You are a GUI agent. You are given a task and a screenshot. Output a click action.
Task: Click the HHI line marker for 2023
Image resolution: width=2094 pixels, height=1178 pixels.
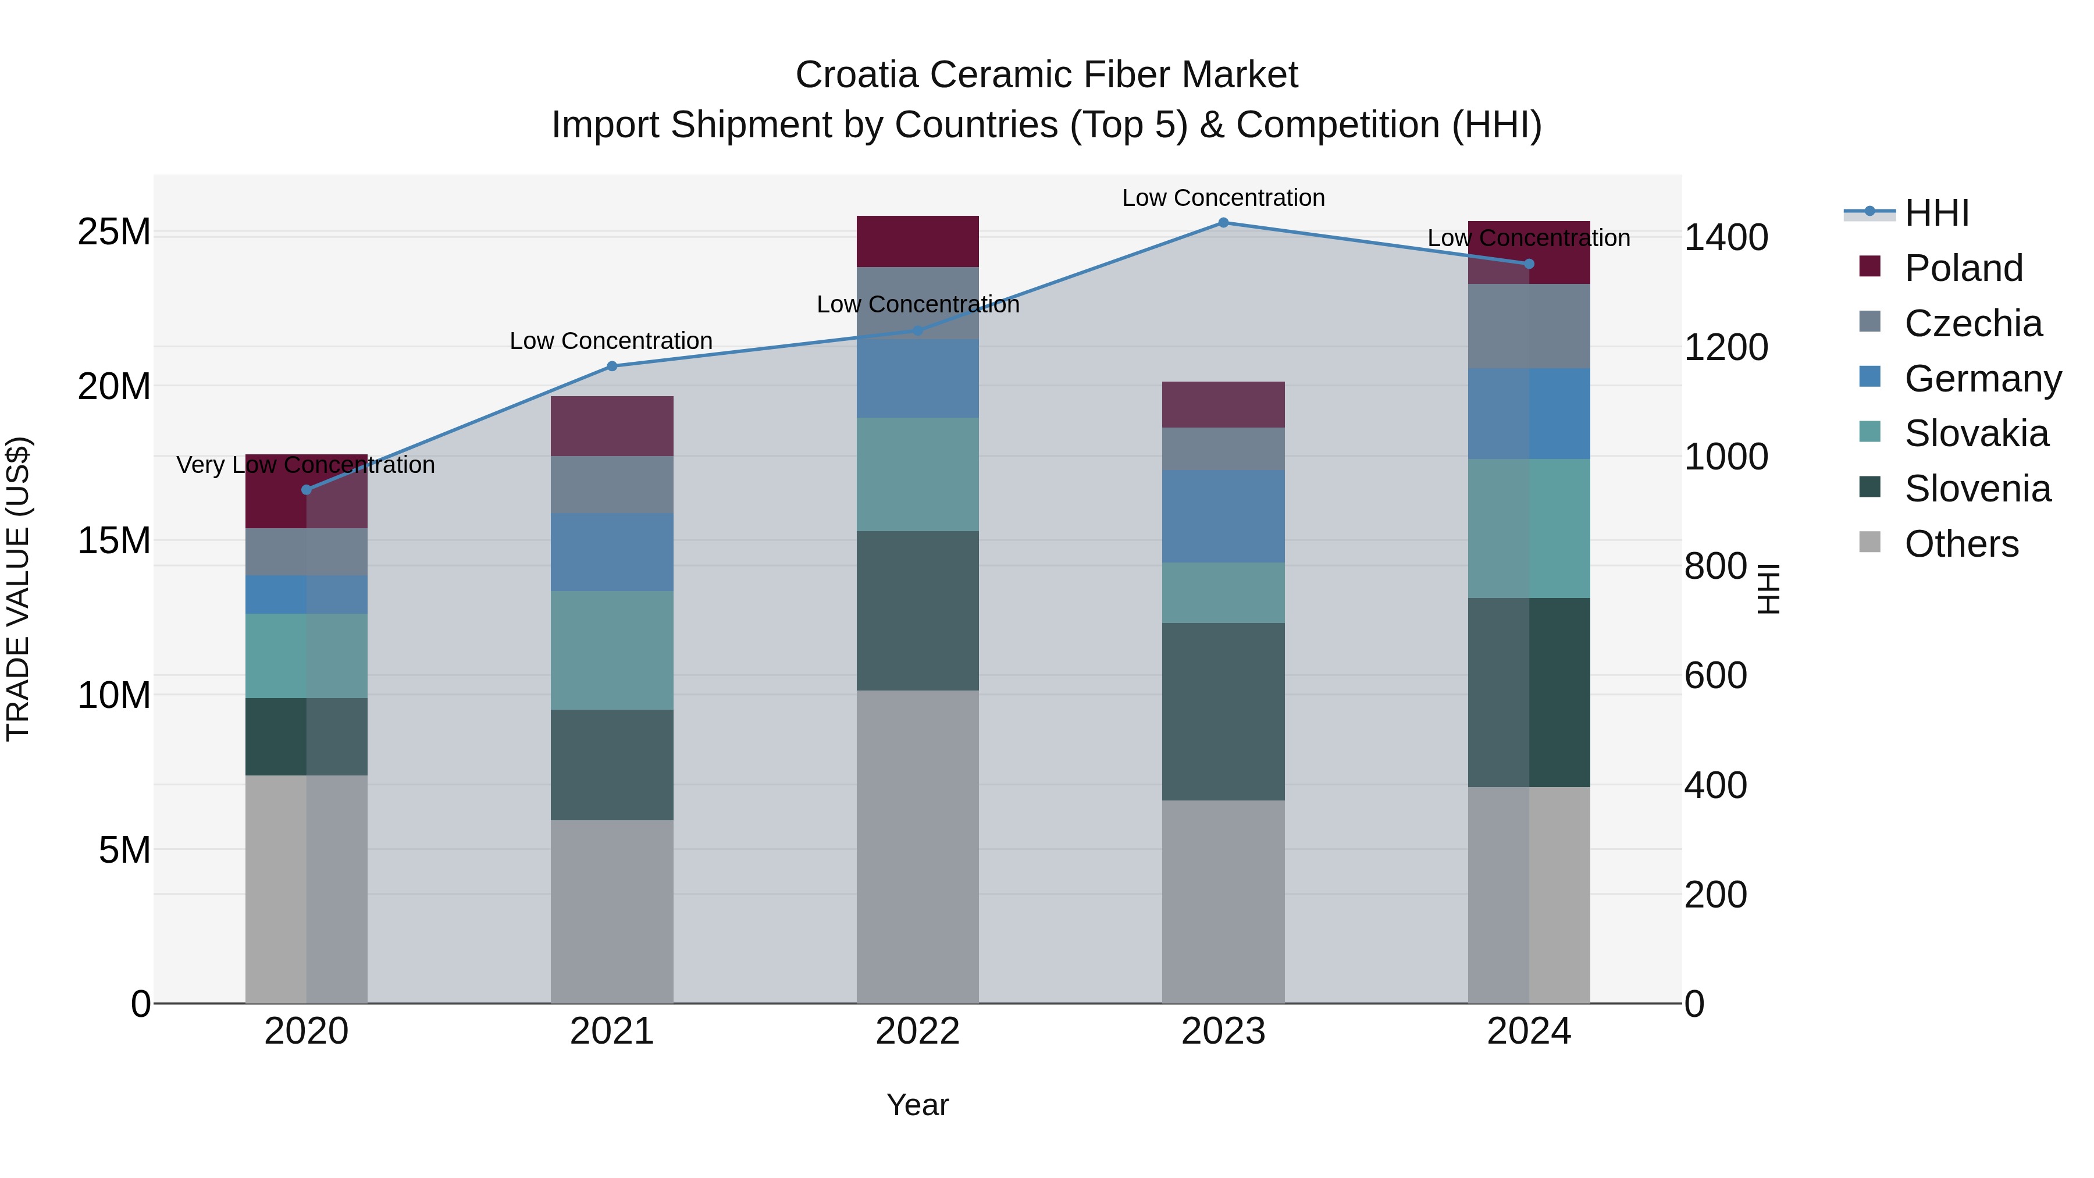coord(1223,223)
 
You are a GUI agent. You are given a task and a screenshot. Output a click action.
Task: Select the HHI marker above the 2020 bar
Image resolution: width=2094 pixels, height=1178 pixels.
coord(307,489)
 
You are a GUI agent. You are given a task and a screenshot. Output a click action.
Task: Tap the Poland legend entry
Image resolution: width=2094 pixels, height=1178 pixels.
coord(1963,268)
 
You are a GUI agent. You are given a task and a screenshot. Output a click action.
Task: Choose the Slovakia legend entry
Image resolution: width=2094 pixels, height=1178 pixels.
coord(1975,433)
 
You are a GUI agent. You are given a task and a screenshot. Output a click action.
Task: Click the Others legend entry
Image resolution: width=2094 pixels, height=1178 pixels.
coord(1961,544)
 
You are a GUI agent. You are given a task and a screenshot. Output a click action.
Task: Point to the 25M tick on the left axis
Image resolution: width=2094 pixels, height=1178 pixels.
coord(114,233)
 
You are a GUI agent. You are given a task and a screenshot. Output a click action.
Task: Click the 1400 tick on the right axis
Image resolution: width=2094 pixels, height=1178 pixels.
coord(1725,238)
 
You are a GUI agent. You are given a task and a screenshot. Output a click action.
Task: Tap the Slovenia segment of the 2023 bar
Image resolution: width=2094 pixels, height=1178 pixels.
coord(1223,711)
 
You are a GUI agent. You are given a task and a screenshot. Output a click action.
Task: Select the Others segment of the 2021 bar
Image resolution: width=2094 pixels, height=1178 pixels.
coord(611,910)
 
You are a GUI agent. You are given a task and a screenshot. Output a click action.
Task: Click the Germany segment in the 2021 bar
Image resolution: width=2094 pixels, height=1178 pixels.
coord(611,552)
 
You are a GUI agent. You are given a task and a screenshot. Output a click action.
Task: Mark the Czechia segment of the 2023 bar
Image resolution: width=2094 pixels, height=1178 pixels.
coord(1223,449)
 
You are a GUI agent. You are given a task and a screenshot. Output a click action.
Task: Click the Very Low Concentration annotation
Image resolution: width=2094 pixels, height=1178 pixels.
coord(305,465)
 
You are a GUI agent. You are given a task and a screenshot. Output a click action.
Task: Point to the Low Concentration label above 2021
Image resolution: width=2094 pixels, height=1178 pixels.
coord(611,341)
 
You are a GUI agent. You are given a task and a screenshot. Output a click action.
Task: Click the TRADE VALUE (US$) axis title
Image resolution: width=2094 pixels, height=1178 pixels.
coord(18,589)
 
